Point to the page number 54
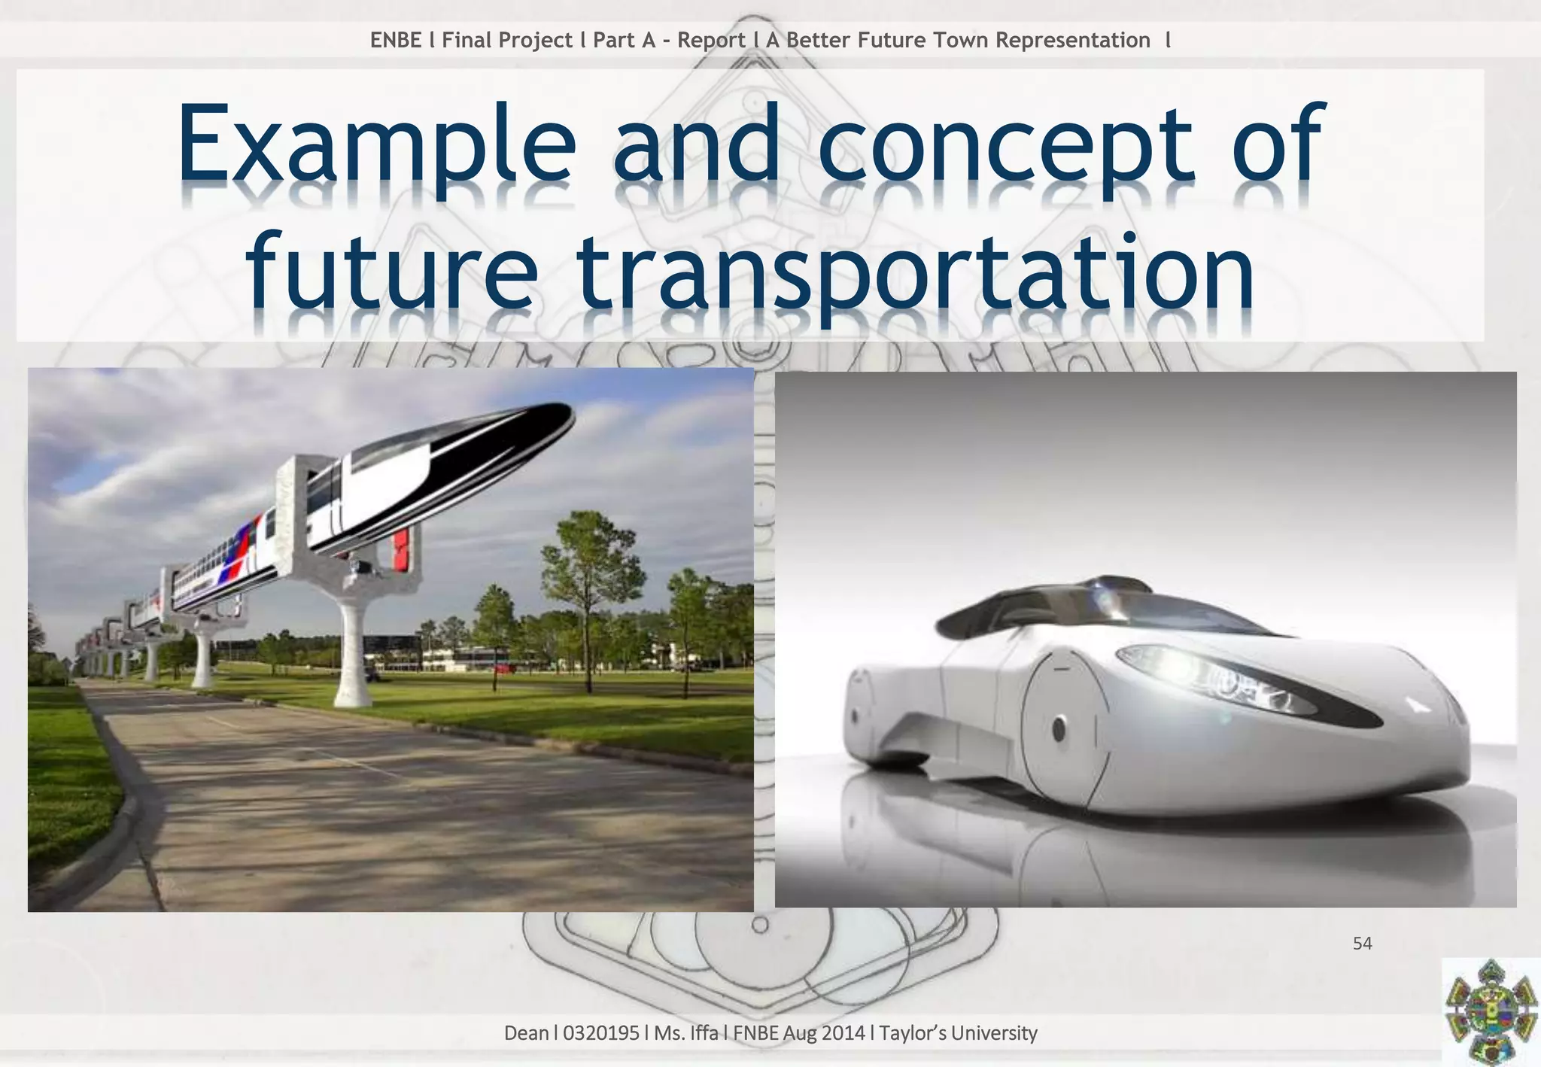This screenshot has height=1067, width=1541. point(1362,944)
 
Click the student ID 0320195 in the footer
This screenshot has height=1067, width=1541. point(600,1033)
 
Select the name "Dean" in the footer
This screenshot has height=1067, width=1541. point(526,1033)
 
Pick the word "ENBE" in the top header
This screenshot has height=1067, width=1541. point(396,40)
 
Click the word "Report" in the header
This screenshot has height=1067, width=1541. point(711,40)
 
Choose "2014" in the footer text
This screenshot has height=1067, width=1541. point(842,1033)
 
